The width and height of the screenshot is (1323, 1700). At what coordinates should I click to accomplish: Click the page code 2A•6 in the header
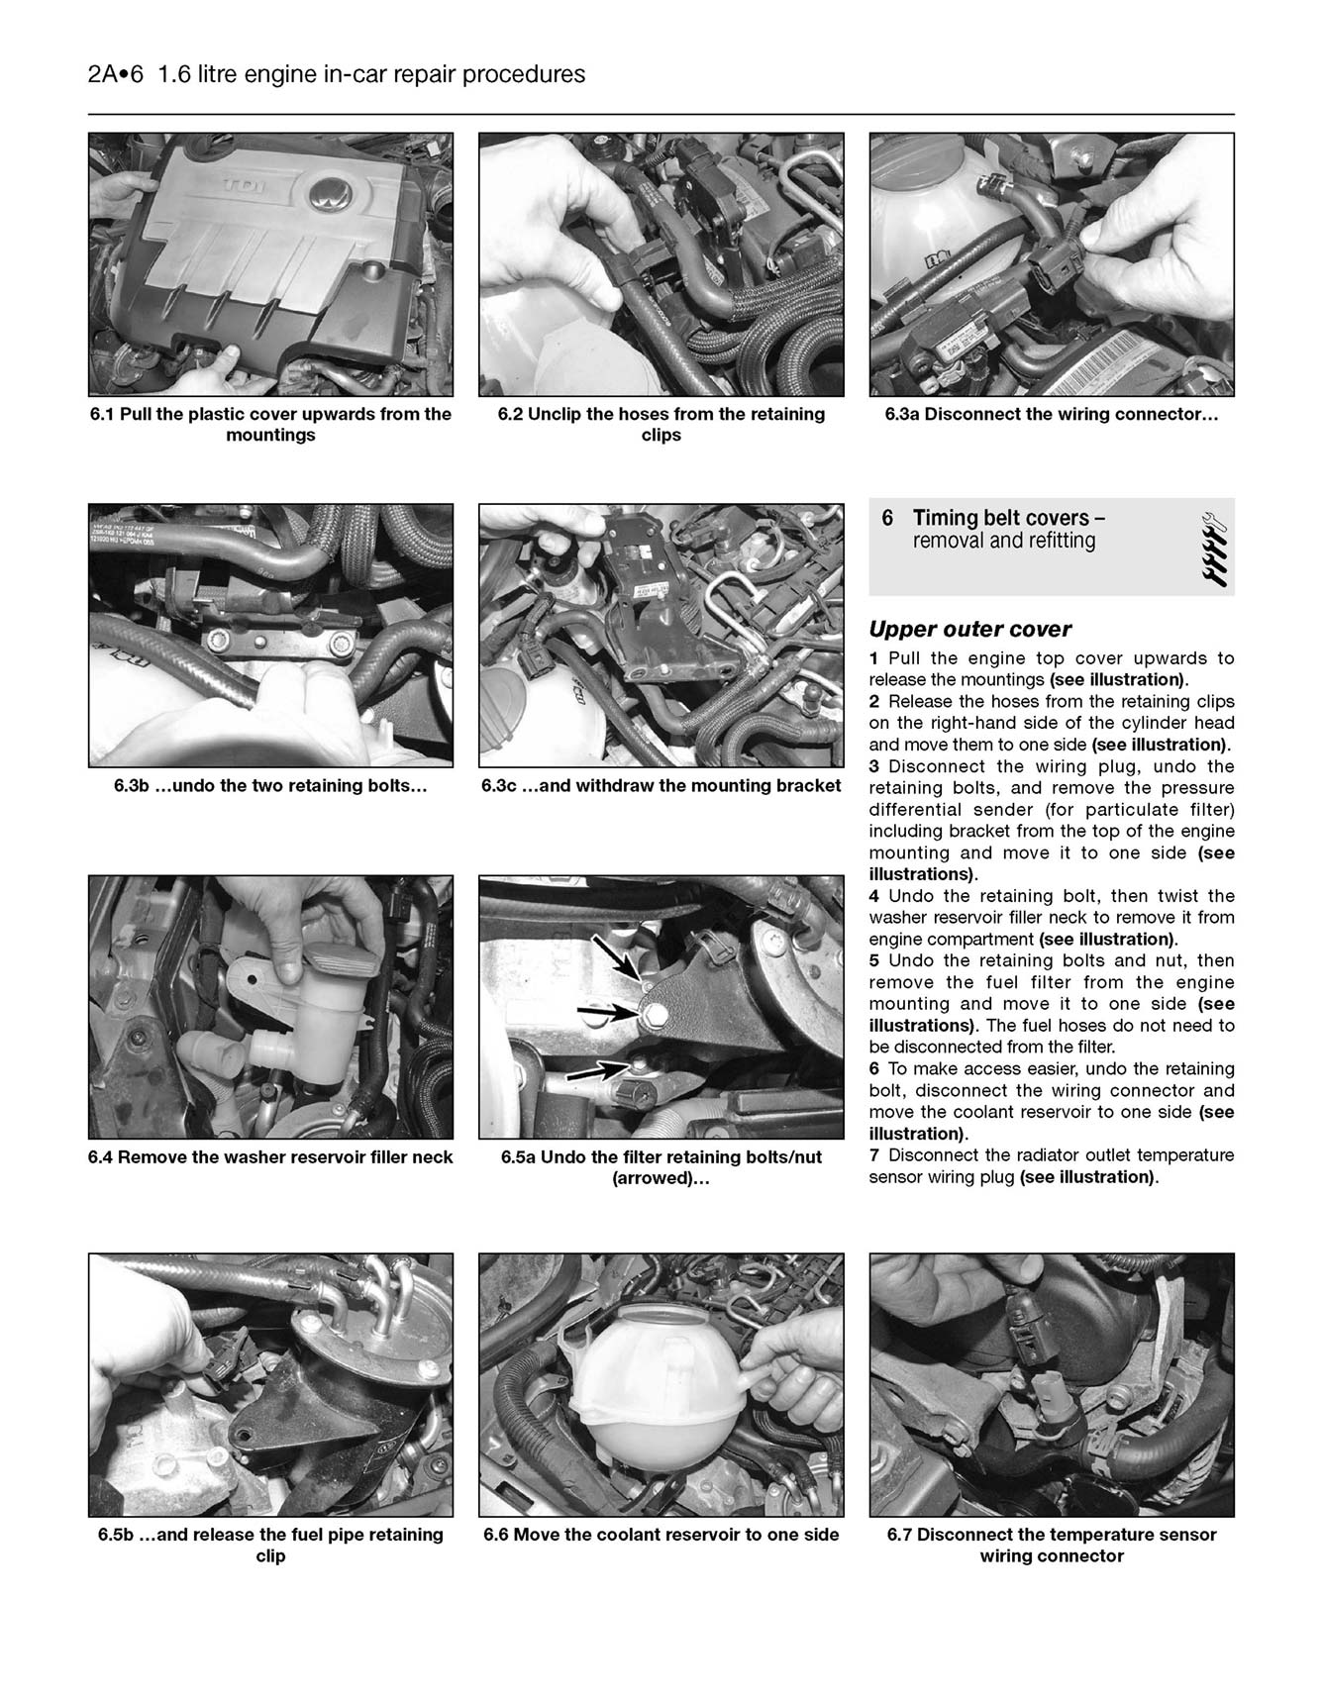[116, 74]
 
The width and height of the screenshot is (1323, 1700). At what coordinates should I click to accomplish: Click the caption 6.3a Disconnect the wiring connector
[1051, 414]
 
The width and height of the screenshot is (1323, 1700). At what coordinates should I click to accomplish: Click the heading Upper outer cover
[969, 630]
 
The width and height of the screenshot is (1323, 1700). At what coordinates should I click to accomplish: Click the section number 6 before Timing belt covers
[887, 518]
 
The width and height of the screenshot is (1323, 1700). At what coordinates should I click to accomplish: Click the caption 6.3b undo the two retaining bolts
[269, 786]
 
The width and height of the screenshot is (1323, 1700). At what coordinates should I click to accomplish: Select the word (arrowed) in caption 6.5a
[661, 1178]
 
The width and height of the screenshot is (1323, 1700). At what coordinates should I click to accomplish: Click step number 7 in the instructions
[874, 1155]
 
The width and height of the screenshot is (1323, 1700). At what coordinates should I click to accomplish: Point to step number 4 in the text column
[874, 896]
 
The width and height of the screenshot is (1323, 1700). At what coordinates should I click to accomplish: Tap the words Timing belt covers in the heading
[1008, 518]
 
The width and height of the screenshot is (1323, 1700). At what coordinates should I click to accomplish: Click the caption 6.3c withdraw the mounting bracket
[661, 786]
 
